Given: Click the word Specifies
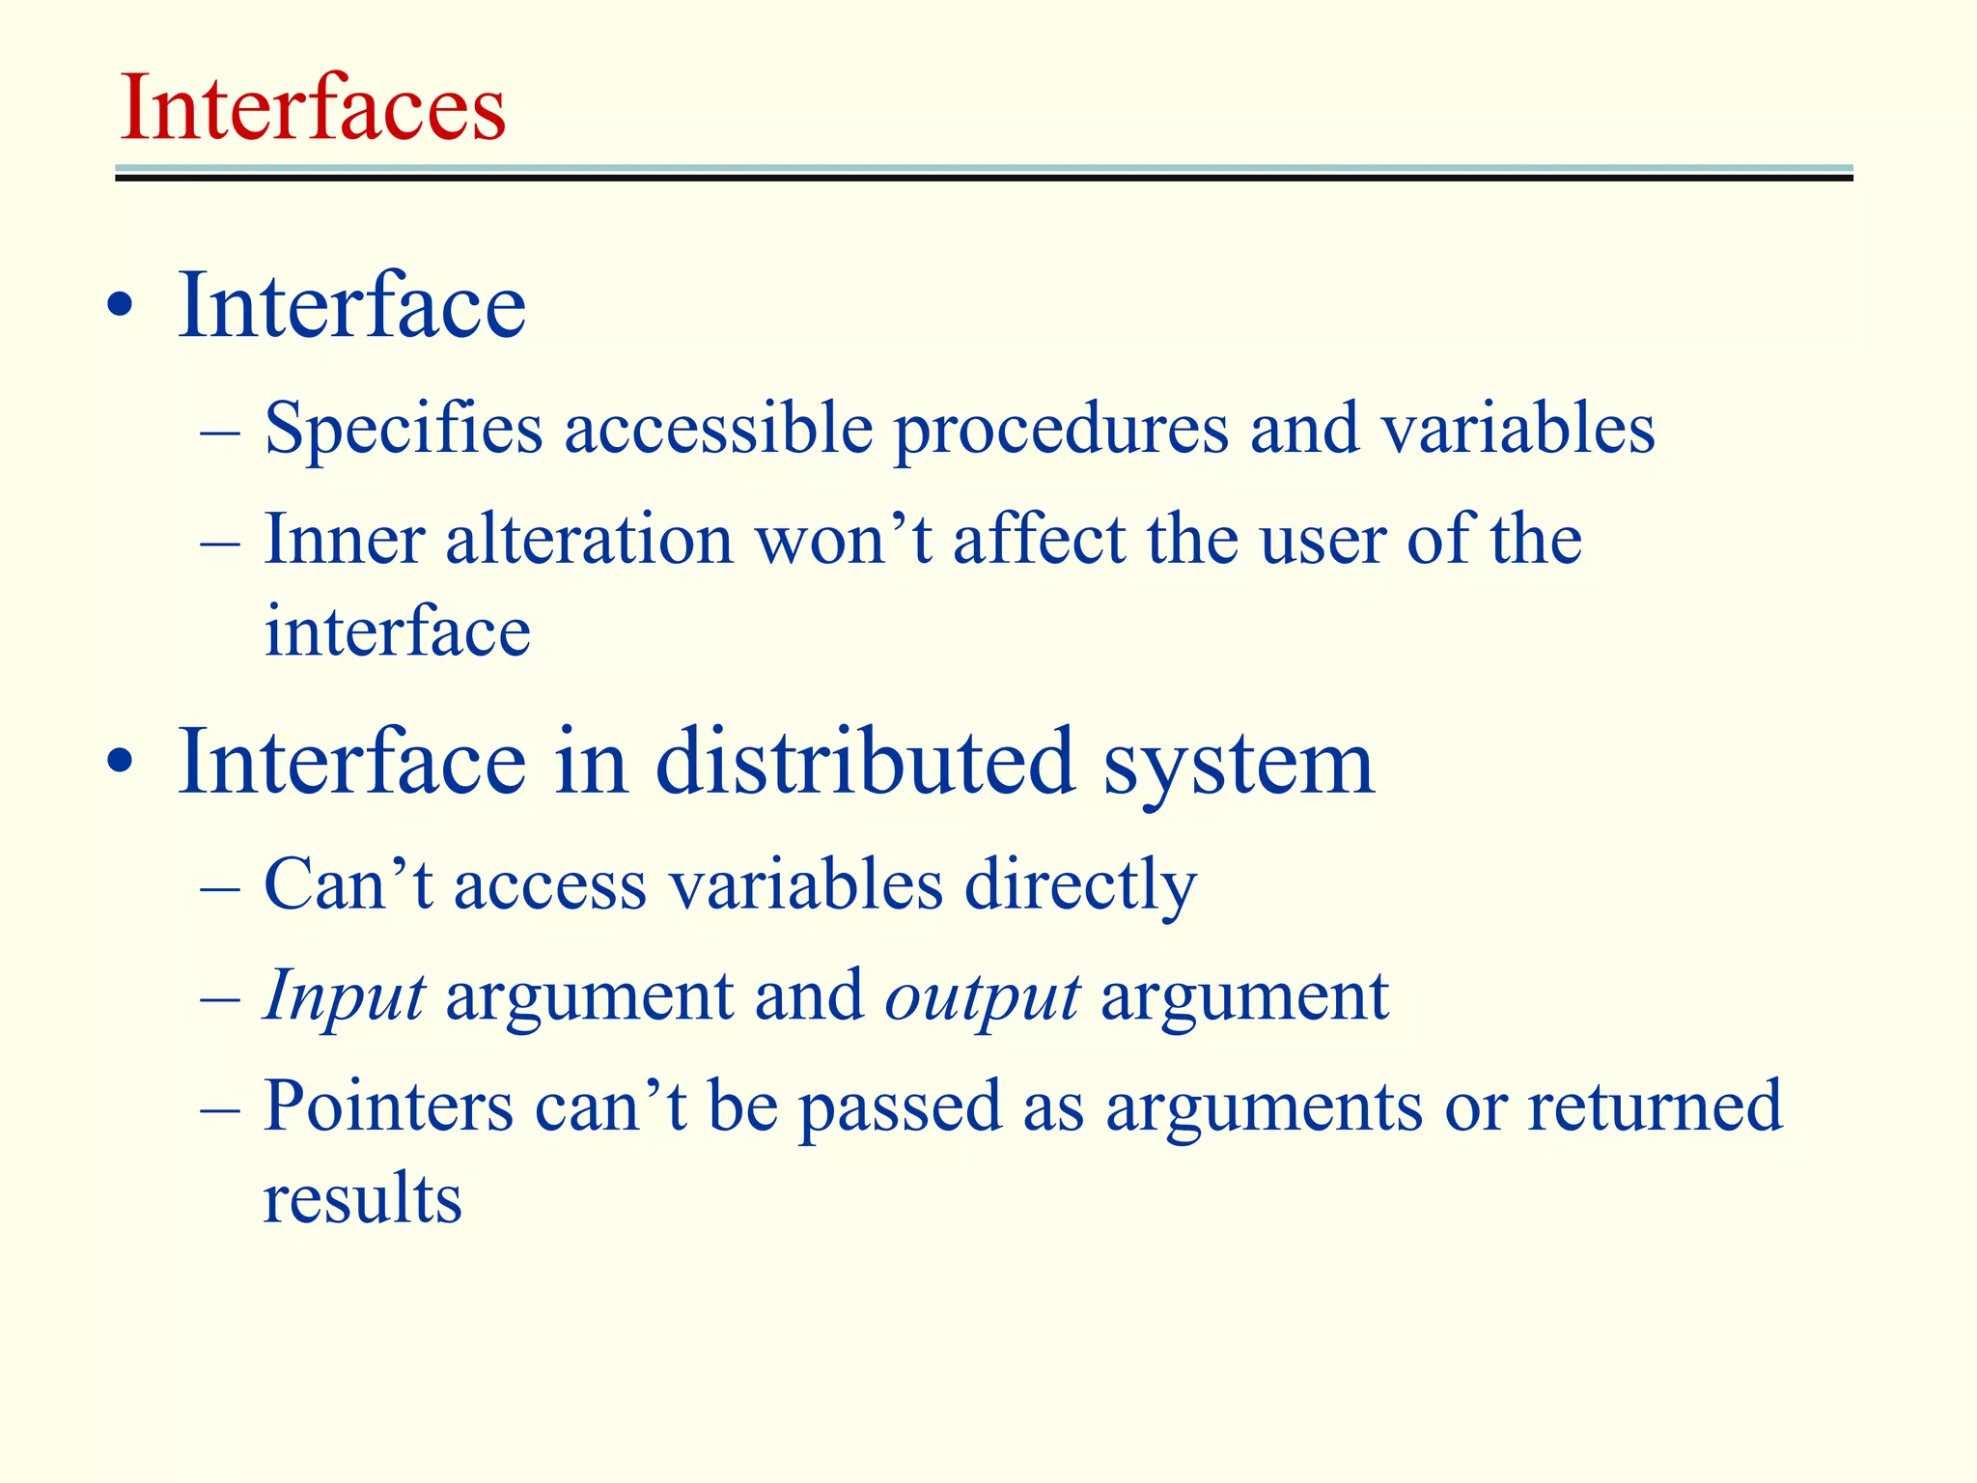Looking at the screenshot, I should [x=404, y=428].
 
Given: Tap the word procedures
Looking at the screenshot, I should [x=1061, y=430].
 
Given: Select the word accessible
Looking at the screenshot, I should [x=718, y=428].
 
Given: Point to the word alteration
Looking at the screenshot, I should [x=589, y=539].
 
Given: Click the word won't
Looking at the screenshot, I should [x=844, y=539].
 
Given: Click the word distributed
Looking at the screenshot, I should [x=865, y=762].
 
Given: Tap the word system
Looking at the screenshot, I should [x=1239, y=764].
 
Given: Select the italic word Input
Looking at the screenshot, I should [x=344, y=997].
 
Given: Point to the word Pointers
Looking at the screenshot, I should [x=388, y=1105].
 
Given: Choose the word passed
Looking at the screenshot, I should [x=900, y=1107].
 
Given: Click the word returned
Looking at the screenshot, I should [x=1655, y=1105].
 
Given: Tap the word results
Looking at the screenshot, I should [x=363, y=1198].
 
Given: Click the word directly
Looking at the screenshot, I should [x=1080, y=885].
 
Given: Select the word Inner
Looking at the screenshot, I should [x=345, y=539].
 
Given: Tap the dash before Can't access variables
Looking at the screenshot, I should [x=221, y=885].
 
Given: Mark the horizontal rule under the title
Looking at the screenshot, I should [x=984, y=173].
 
